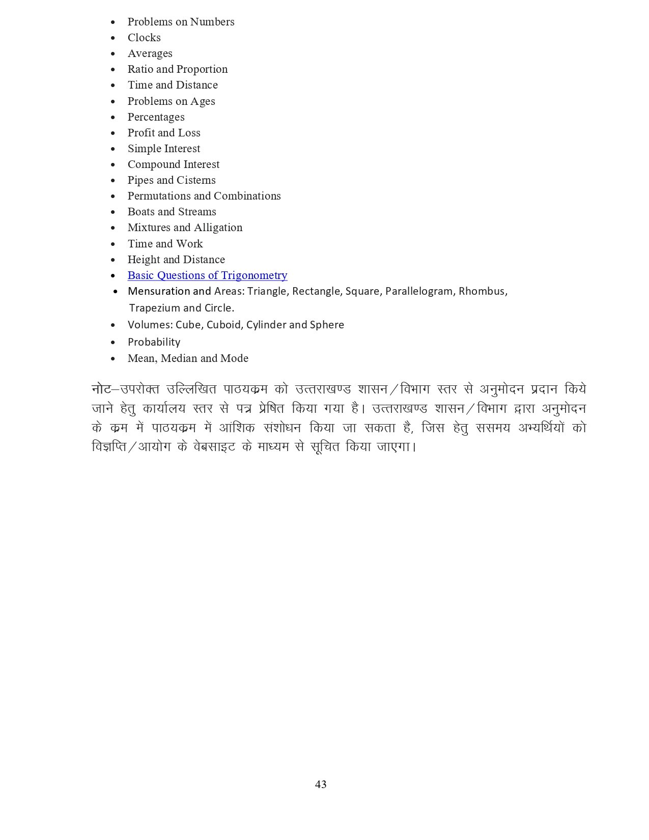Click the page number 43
[321, 785]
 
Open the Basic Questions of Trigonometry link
[207, 275]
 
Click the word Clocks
[144, 38]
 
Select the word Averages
[150, 53]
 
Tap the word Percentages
[156, 117]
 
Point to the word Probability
[154, 342]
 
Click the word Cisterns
[196, 180]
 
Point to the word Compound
[150, 164]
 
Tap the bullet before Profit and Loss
[113, 133]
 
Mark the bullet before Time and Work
[113, 244]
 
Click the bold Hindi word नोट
[101, 389]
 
